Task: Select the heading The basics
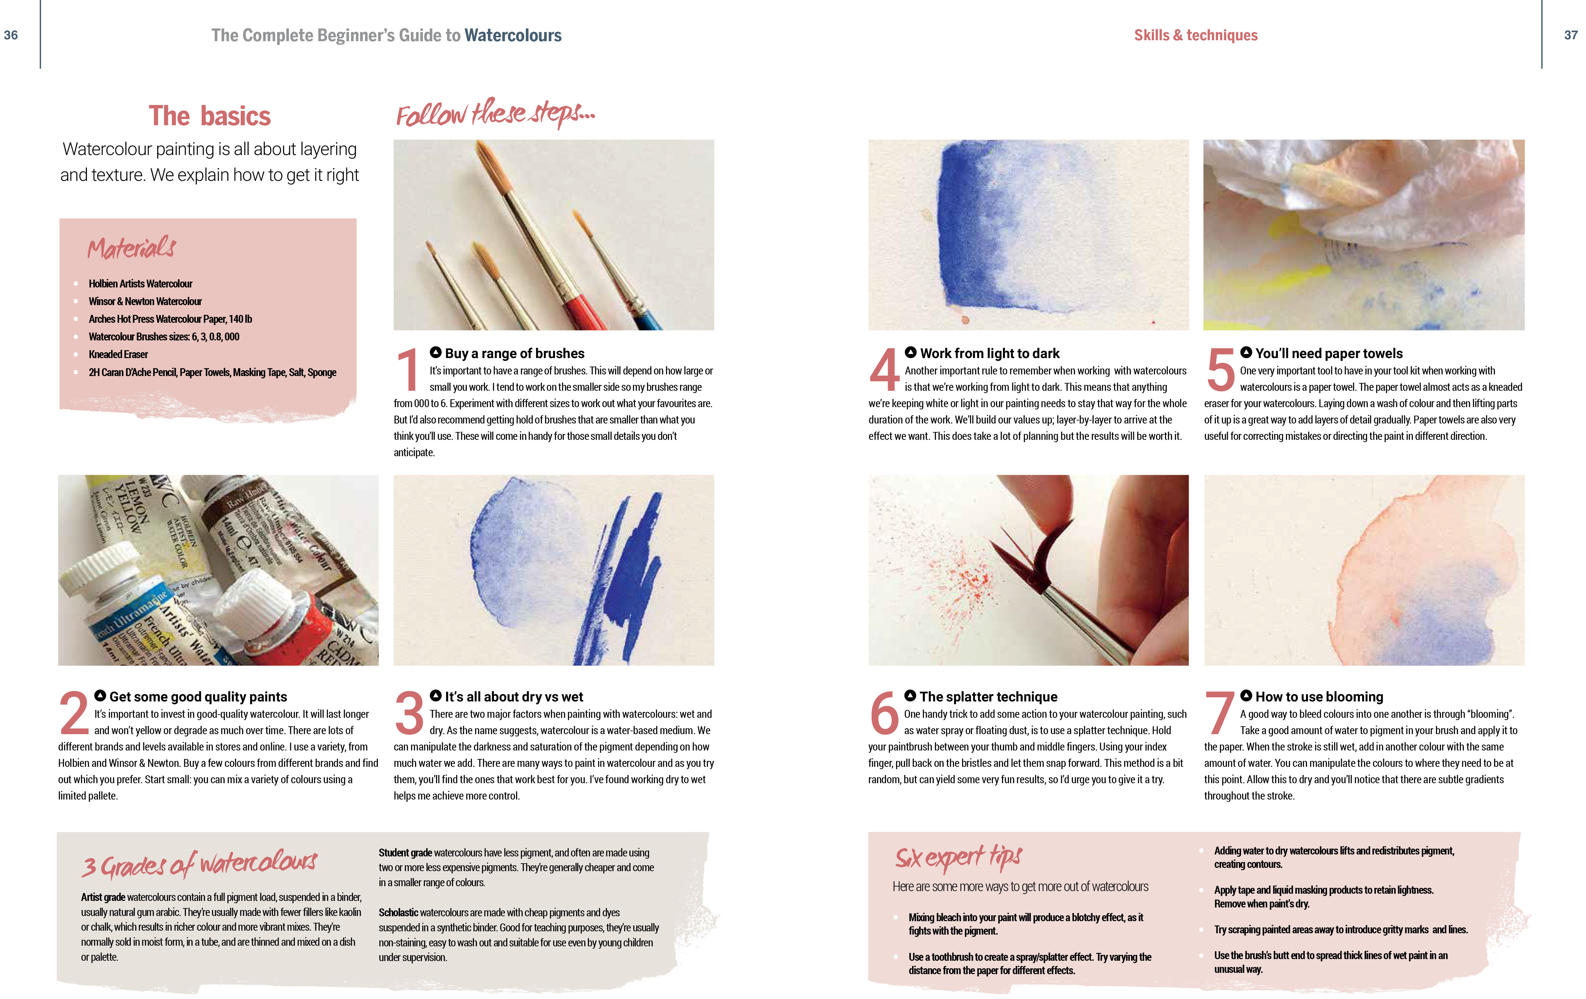click(209, 116)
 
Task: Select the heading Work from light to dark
click(989, 353)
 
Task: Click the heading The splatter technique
click(988, 697)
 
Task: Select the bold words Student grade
click(404, 853)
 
